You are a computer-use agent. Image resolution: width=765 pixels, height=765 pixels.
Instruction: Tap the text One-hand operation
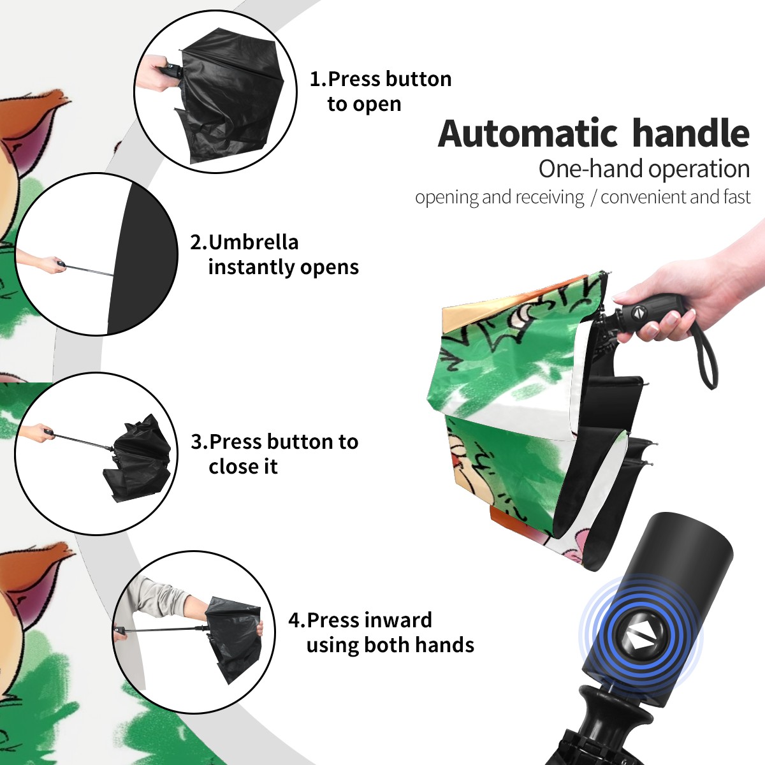[x=644, y=169]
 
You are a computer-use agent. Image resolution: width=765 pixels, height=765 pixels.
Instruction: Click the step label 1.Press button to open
[x=381, y=91]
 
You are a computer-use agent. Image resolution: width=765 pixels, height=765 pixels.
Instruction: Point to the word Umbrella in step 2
[x=253, y=242]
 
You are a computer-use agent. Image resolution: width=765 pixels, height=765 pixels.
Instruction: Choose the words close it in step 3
[x=243, y=466]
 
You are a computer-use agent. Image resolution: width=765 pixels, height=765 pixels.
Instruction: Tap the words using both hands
[x=390, y=645]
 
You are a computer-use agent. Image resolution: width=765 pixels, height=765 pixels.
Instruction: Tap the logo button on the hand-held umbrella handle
[x=637, y=312]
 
